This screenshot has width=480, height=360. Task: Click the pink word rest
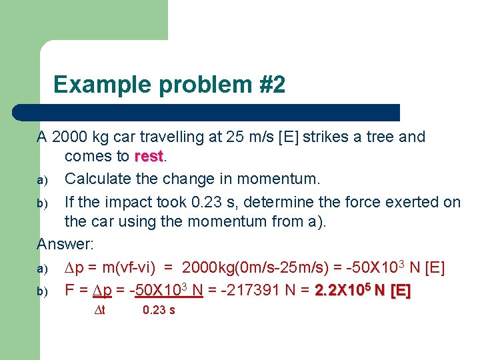point(148,157)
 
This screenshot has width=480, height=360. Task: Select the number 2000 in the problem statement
point(69,137)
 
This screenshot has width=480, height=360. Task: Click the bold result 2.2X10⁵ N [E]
point(363,290)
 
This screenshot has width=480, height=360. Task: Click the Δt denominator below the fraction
point(99,310)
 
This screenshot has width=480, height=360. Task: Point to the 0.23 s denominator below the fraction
point(159,310)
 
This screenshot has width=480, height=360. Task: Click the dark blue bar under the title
point(220,113)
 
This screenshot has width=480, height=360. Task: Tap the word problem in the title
point(198,85)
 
